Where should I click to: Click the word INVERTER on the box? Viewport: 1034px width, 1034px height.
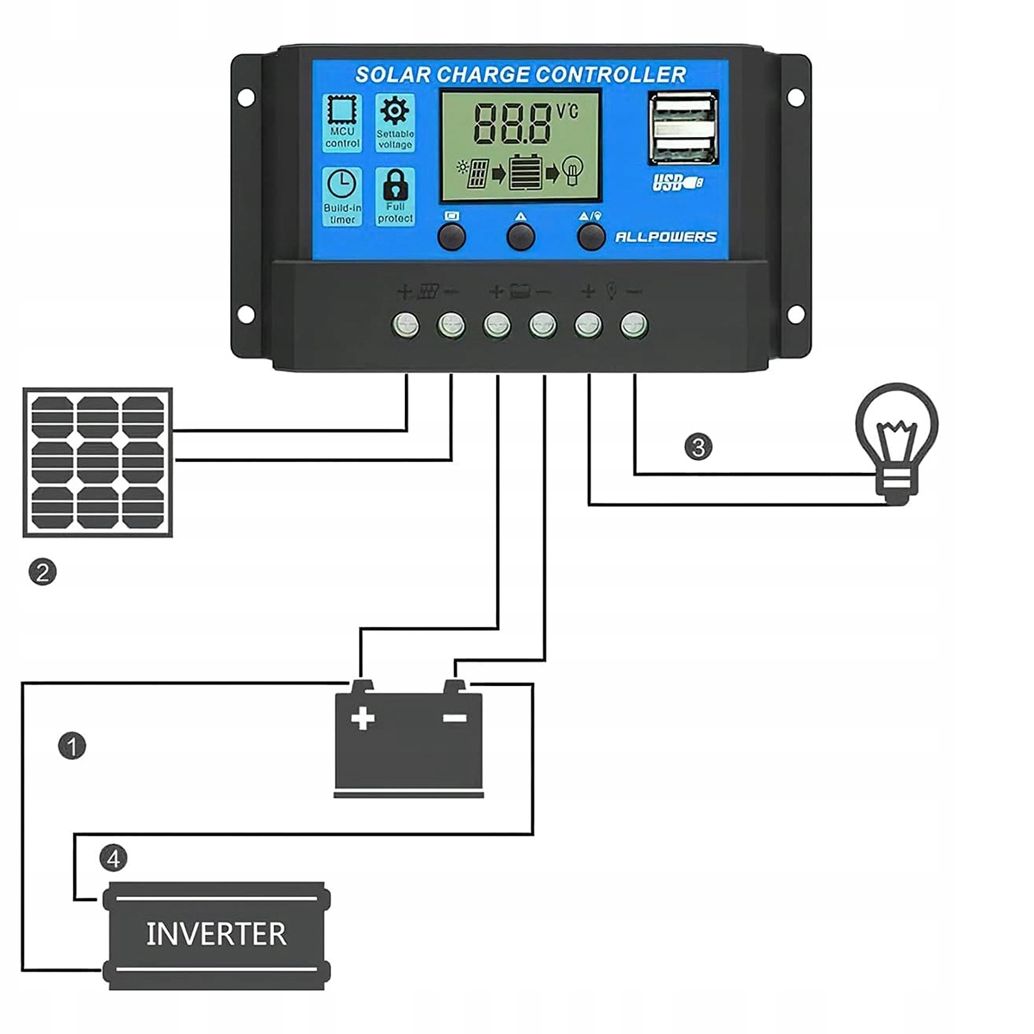(x=215, y=934)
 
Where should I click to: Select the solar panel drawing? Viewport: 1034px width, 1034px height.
(x=97, y=463)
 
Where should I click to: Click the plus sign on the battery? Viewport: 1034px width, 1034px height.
(x=363, y=718)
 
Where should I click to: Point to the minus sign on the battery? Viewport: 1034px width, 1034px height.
(x=454, y=718)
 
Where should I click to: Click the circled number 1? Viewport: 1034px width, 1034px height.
(x=72, y=745)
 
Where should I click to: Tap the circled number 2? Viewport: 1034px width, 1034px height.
(x=42, y=571)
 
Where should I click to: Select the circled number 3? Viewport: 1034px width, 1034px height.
(x=698, y=446)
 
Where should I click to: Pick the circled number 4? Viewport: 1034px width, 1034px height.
(x=113, y=858)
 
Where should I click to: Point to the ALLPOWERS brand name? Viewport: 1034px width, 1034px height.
(x=665, y=237)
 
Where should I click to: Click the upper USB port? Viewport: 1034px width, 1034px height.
(x=683, y=110)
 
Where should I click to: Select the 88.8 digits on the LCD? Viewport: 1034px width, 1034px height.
(x=513, y=123)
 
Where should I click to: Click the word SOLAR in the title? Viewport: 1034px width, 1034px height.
(x=392, y=74)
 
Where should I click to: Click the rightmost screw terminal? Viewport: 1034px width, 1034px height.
(x=633, y=326)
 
